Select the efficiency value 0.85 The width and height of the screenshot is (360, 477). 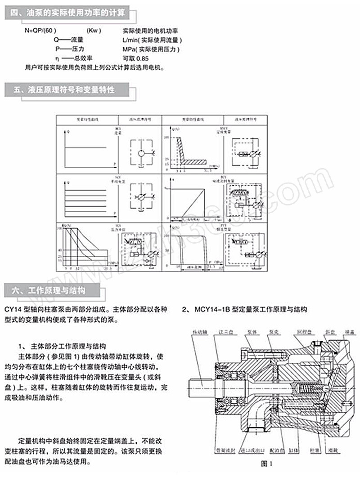click(143, 58)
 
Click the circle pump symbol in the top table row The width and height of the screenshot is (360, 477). click(141, 153)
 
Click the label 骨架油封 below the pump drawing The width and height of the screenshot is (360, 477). click(222, 450)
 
